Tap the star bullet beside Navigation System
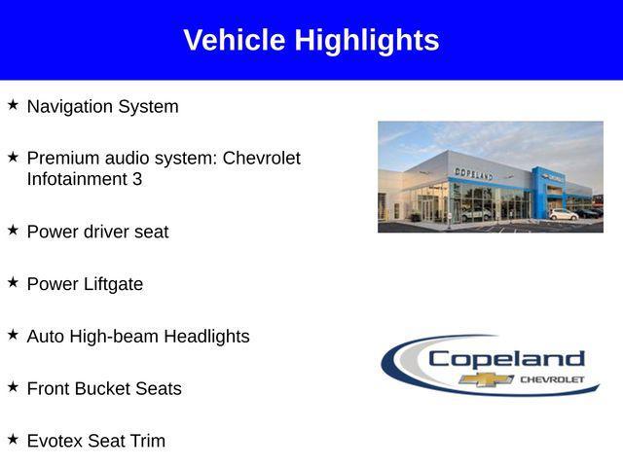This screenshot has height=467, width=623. pyautogui.click(x=13, y=104)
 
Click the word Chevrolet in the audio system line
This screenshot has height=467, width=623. pyautogui.click(x=262, y=158)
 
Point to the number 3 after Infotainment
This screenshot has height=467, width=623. pyautogui.click(x=137, y=179)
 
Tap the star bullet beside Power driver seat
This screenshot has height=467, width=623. pyautogui.click(x=13, y=230)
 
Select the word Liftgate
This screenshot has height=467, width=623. pyautogui.click(x=110, y=284)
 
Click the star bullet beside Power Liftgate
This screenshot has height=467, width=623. pyautogui.click(x=13, y=282)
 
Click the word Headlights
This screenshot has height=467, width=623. pyautogui.click(x=206, y=337)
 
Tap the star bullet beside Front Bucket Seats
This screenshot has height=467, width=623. pyautogui.click(x=13, y=386)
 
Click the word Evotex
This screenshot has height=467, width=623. pyautogui.click(x=55, y=441)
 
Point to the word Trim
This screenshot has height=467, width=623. pyautogui.click(x=146, y=441)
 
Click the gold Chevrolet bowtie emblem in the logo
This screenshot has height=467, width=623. pyautogui.click(x=487, y=378)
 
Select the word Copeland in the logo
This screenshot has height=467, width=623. pyautogui.click(x=506, y=358)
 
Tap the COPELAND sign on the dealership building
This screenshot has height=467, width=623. pyautogui.click(x=474, y=173)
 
